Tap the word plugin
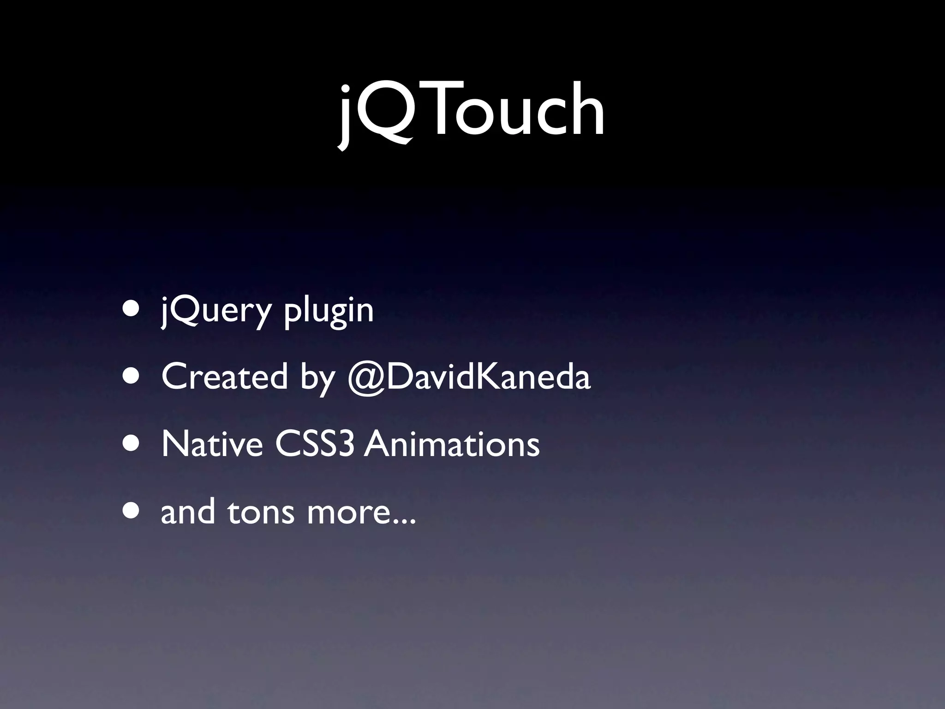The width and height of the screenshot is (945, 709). tap(328, 311)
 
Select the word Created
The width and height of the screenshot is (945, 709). tap(224, 377)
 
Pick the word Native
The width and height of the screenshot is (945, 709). tap(212, 444)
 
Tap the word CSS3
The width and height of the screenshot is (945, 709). tap(315, 444)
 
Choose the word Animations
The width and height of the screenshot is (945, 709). tap(452, 444)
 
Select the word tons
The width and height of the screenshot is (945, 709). tap(260, 512)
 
